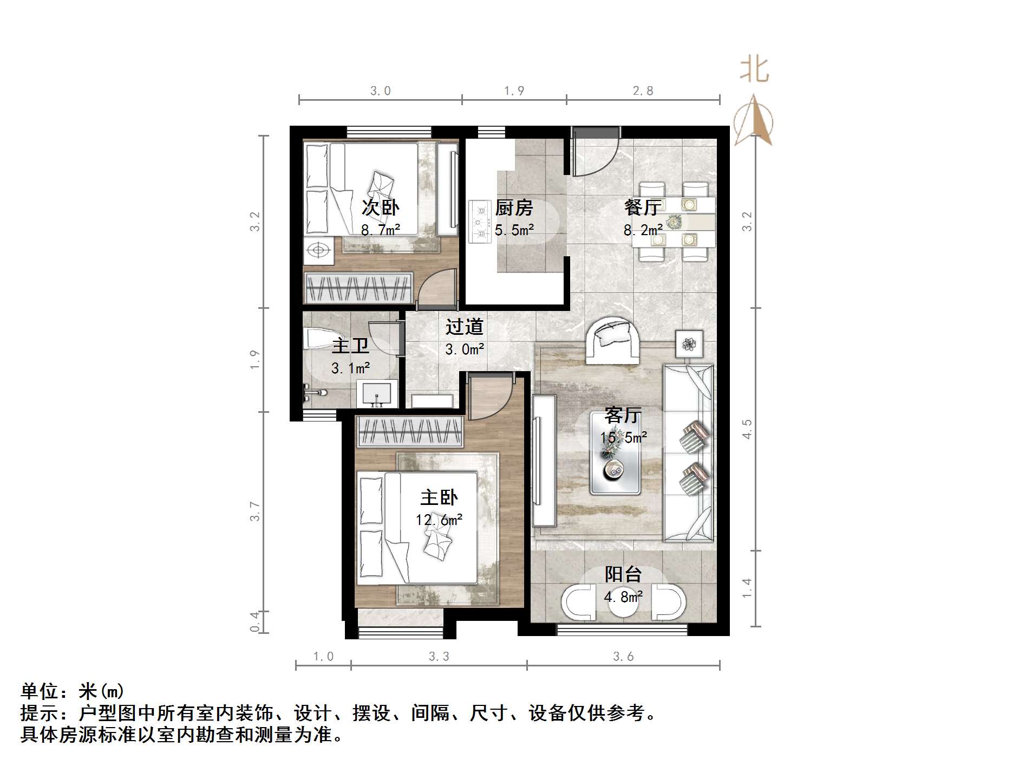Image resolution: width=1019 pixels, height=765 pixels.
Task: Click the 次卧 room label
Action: click(380, 208)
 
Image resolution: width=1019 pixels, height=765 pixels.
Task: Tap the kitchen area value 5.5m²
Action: click(514, 230)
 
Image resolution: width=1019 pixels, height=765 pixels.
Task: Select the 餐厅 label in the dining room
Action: click(643, 208)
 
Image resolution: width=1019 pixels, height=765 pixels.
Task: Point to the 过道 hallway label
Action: click(464, 327)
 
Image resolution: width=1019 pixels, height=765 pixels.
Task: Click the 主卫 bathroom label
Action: click(350, 346)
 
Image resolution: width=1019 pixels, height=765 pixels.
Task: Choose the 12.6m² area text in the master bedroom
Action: click(439, 520)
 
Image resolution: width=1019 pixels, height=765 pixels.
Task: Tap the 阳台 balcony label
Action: click(623, 574)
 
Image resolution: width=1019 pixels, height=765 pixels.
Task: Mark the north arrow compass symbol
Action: click(753, 122)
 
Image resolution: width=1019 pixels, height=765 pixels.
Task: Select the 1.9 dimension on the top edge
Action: click(514, 90)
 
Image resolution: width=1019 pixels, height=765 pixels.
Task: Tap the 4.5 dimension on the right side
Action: click(747, 429)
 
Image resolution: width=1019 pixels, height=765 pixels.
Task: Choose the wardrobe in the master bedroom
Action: click(410, 432)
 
